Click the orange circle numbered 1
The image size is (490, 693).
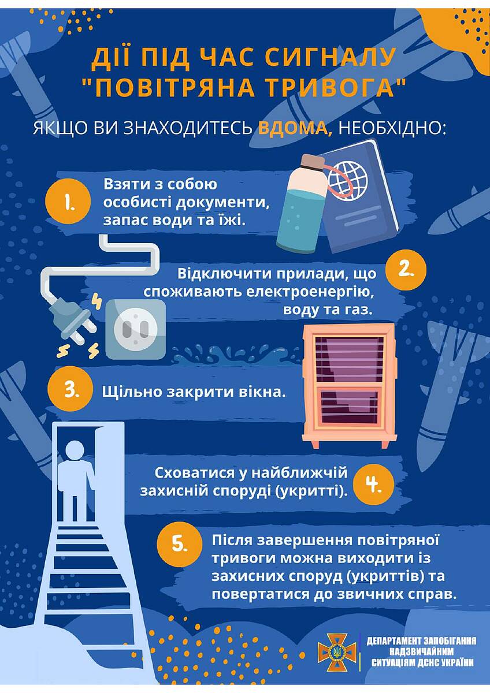point(68,202)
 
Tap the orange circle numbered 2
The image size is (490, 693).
point(406,270)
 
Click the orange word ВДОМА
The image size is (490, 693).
point(296,128)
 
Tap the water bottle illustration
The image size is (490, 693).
point(302,204)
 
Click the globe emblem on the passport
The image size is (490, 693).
point(348,181)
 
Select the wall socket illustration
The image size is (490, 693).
point(136,329)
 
